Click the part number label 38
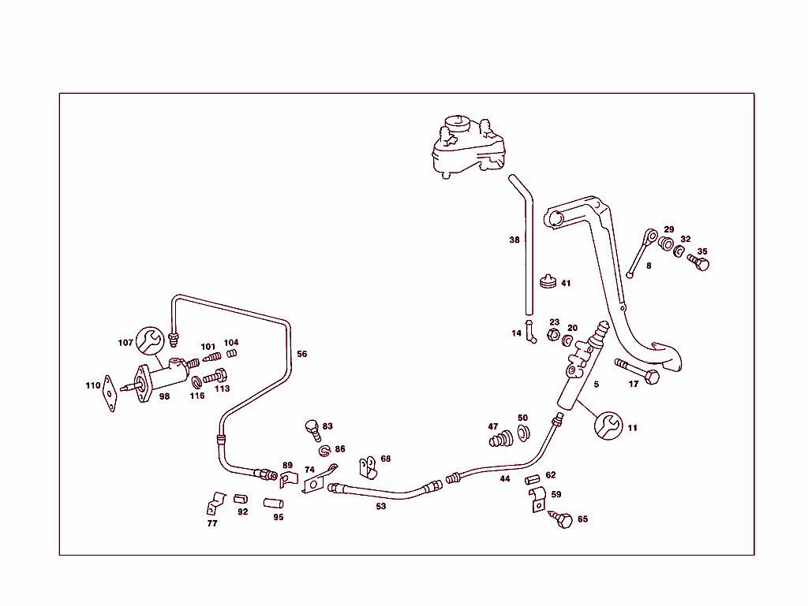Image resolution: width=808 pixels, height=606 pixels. pos(514,240)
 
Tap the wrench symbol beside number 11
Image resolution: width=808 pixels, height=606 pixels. pos(608,426)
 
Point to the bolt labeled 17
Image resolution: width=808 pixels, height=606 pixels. pos(638,371)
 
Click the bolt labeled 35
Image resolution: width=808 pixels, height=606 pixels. pos(699,262)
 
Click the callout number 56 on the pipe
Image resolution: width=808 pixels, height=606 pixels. pos(301,354)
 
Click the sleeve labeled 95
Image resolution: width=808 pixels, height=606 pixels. pos(273,503)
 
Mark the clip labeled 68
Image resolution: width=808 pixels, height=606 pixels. pos(367,467)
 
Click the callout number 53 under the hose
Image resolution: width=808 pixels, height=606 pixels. pos(381,506)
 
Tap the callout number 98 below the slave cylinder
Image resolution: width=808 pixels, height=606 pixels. pos(164,396)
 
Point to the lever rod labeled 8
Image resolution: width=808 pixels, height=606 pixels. pos(641,253)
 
